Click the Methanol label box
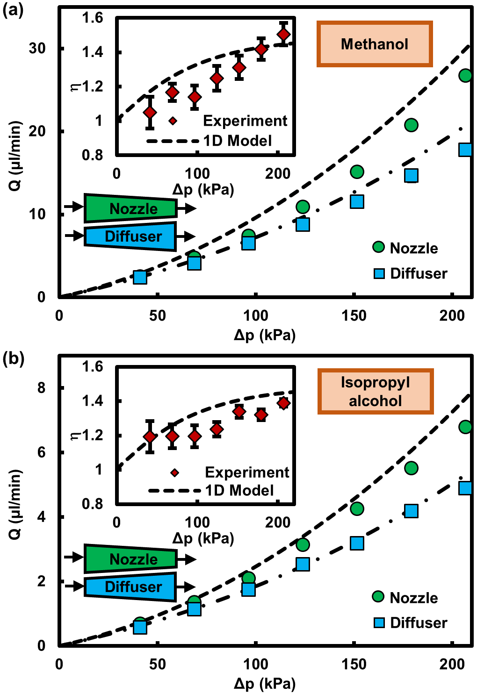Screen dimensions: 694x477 point(375,44)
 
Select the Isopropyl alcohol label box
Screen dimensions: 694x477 point(376,391)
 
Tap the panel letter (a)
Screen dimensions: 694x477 point(13,10)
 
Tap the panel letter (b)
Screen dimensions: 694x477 point(13,358)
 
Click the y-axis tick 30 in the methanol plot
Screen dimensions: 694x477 point(37,48)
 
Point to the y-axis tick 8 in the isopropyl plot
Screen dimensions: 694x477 point(42,388)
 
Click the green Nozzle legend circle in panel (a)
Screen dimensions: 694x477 point(378,247)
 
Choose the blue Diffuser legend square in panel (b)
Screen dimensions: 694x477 point(379,622)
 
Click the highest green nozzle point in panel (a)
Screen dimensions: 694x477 point(465,75)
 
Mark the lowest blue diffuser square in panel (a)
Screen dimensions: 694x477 point(140,277)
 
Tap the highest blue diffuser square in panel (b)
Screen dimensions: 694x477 point(465,488)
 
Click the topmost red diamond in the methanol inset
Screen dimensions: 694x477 point(283,35)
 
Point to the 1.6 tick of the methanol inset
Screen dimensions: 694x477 point(92,18)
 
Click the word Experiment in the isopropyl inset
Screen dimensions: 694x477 point(247,472)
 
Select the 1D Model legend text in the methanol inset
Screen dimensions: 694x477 point(238,141)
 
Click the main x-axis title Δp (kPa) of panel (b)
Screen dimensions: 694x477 point(265,683)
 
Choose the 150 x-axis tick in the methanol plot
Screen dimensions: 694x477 point(354,315)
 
